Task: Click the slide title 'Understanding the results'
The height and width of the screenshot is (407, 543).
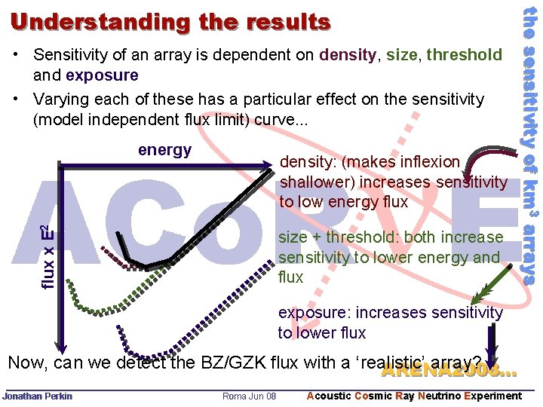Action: pyautogui.click(x=170, y=22)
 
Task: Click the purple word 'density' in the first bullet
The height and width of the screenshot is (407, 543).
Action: pyautogui.click(x=348, y=54)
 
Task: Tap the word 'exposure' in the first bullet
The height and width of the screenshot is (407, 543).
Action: pyautogui.click(x=102, y=75)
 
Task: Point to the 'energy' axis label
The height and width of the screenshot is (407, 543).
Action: pyautogui.click(x=164, y=150)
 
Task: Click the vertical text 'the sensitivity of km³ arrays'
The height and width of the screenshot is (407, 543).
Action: pyautogui.click(x=530, y=143)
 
